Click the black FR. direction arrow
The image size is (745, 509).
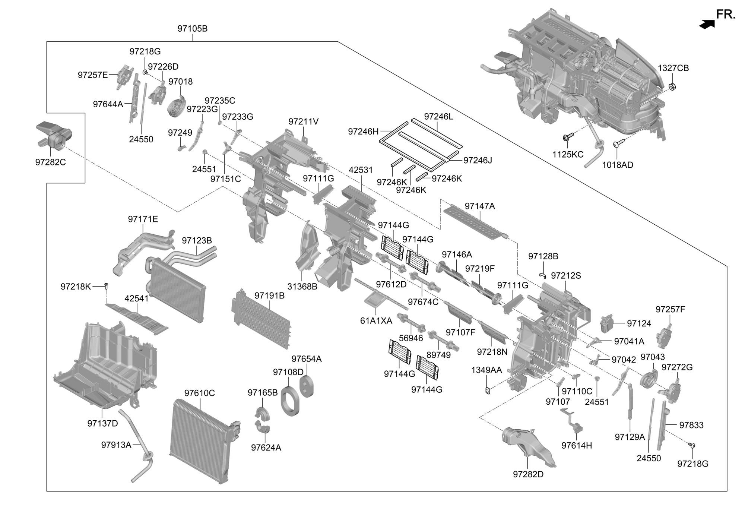pyautogui.click(x=707, y=24)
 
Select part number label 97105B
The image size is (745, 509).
pyautogui.click(x=192, y=28)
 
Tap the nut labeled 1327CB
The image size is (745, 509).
pyautogui.click(x=672, y=87)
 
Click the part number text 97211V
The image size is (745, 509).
pyautogui.click(x=303, y=121)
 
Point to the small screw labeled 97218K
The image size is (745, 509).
pyautogui.click(x=106, y=287)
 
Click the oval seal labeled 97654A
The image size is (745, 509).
pyautogui.click(x=307, y=386)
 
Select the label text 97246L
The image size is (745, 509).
pyautogui.click(x=438, y=116)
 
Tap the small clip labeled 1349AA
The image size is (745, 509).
pyautogui.click(x=487, y=391)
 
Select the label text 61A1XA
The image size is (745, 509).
pyautogui.click(x=376, y=320)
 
